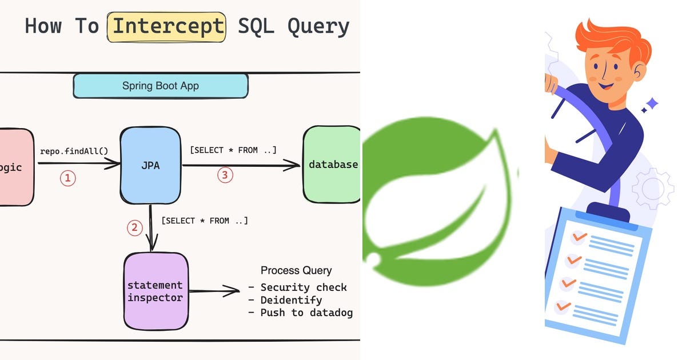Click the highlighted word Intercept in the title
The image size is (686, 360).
(x=166, y=27)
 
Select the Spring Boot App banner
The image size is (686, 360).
(x=161, y=86)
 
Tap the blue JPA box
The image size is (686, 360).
(x=150, y=165)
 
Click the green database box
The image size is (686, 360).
(x=332, y=165)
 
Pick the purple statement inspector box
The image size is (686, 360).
(x=155, y=291)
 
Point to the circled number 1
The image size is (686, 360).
(x=67, y=178)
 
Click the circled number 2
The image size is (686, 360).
(x=134, y=228)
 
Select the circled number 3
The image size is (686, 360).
(x=225, y=175)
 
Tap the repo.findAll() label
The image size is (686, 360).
(x=74, y=151)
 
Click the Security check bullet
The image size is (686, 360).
(x=303, y=287)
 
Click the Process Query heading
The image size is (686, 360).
(x=296, y=270)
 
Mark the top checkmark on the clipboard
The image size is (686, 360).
(x=579, y=236)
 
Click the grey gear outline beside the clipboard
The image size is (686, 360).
(x=652, y=189)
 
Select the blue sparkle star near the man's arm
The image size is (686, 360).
(x=649, y=105)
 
